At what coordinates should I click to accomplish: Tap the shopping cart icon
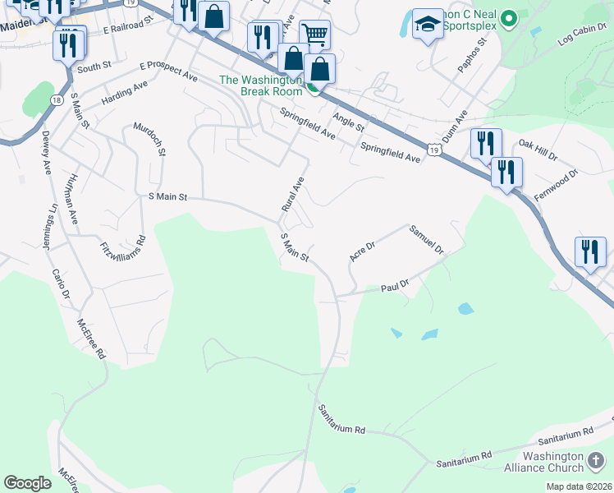point(314,35)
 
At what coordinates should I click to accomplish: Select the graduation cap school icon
point(428,26)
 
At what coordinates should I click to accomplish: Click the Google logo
point(27,482)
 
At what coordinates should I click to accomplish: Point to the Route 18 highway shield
point(56,99)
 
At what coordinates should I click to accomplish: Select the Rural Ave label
point(293,195)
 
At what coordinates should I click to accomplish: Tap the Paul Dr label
point(395,284)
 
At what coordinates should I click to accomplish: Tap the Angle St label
point(348,122)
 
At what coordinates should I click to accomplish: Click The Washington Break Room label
point(260,85)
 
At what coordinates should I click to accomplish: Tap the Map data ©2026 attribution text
point(579,486)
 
